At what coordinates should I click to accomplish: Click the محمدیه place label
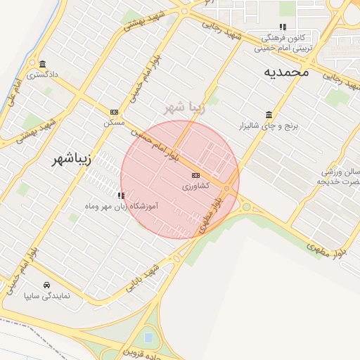(287, 72)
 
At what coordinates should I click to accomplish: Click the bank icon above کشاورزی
(195, 175)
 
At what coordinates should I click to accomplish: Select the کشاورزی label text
(195, 186)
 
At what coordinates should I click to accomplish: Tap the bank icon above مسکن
(114, 112)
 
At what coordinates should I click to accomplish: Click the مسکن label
(114, 122)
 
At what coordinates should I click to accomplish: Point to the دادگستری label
(42, 73)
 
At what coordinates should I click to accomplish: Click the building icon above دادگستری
(42, 63)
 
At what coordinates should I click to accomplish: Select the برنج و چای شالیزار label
(271, 126)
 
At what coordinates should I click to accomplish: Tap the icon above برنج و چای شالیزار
(269, 115)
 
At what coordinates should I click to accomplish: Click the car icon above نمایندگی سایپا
(46, 285)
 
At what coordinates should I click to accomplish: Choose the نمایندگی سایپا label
(47, 297)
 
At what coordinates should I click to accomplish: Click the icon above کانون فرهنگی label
(283, 27)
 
